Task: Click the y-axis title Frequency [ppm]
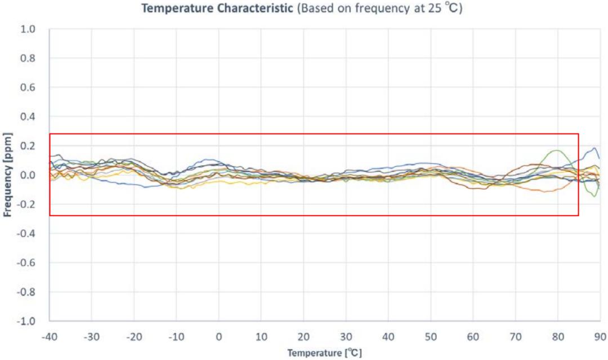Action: click(x=8, y=175)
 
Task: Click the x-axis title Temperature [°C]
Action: click(x=325, y=353)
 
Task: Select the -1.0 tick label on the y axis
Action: click(x=26, y=321)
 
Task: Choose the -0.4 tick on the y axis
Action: click(x=26, y=234)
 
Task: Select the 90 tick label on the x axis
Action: click(x=600, y=336)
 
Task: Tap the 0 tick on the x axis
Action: click(x=219, y=336)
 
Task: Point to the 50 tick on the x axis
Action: click(x=431, y=336)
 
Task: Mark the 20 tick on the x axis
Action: click(x=303, y=336)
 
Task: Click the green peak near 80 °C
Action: click(x=557, y=150)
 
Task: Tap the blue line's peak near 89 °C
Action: click(x=594, y=148)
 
